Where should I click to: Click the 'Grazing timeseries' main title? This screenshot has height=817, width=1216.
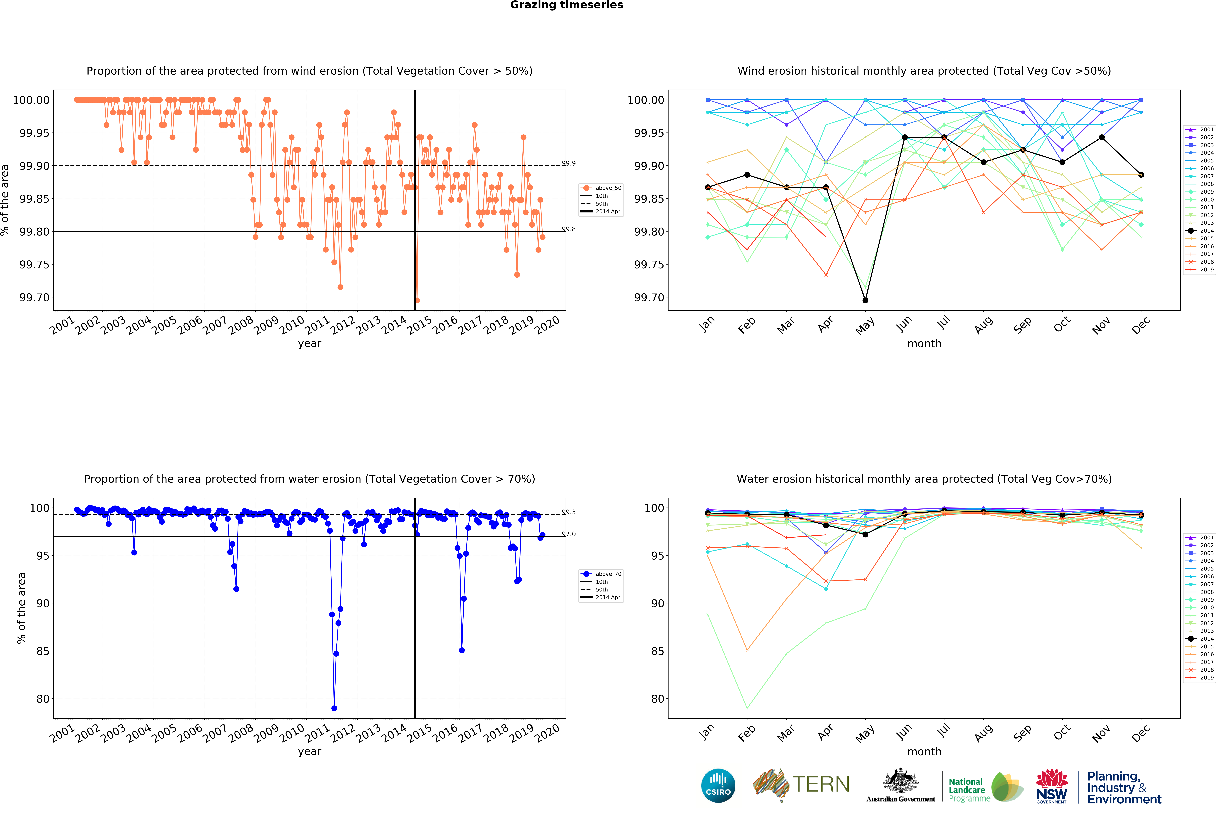pyautogui.click(x=566, y=5)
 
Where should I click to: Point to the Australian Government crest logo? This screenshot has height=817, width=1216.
pyautogui.click(x=901, y=785)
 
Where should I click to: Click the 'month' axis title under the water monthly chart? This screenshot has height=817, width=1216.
pyautogui.click(x=924, y=752)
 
